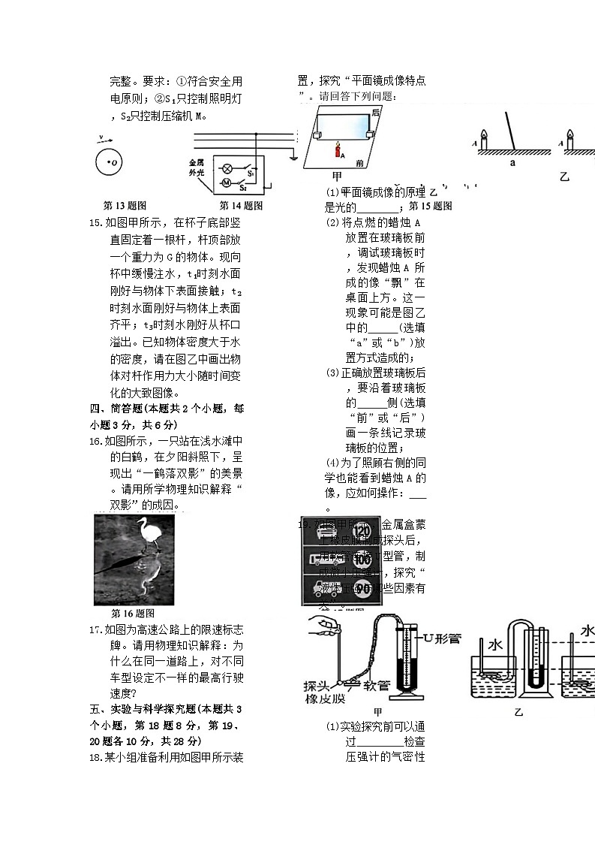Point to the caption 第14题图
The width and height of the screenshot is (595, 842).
[241, 205]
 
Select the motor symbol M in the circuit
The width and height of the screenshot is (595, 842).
[225, 183]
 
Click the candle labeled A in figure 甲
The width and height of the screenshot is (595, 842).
[338, 149]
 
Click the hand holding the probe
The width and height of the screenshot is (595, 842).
[329, 623]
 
